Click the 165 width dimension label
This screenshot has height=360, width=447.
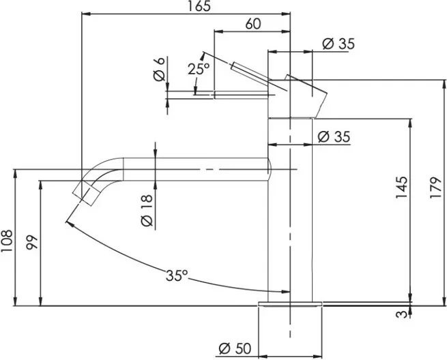point(199,6)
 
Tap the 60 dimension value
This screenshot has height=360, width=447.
point(253,24)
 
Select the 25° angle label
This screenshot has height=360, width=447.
point(199,69)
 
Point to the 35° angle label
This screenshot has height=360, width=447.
point(177,275)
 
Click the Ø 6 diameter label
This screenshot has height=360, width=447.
point(160,70)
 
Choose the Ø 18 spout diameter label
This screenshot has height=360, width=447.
point(147,211)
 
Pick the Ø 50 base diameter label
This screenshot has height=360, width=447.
point(235,348)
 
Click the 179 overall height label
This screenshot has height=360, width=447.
point(436,188)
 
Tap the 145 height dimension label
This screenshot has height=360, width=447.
point(402,187)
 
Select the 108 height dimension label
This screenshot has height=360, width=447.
point(7,241)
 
